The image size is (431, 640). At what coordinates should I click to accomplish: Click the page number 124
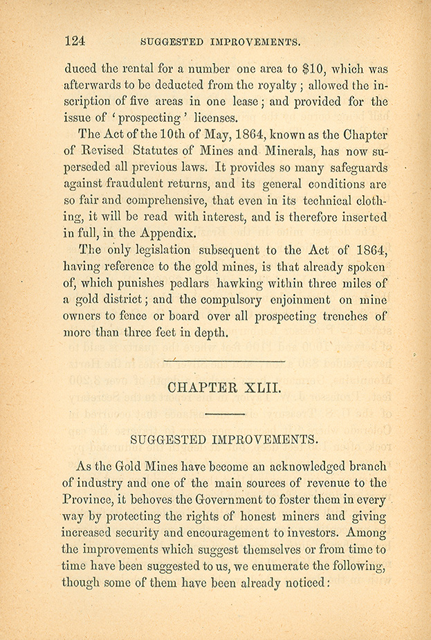[x=74, y=40]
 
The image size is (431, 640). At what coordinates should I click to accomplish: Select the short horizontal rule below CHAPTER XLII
[x=225, y=414]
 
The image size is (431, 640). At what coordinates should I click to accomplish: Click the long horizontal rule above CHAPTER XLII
[x=223, y=361]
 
